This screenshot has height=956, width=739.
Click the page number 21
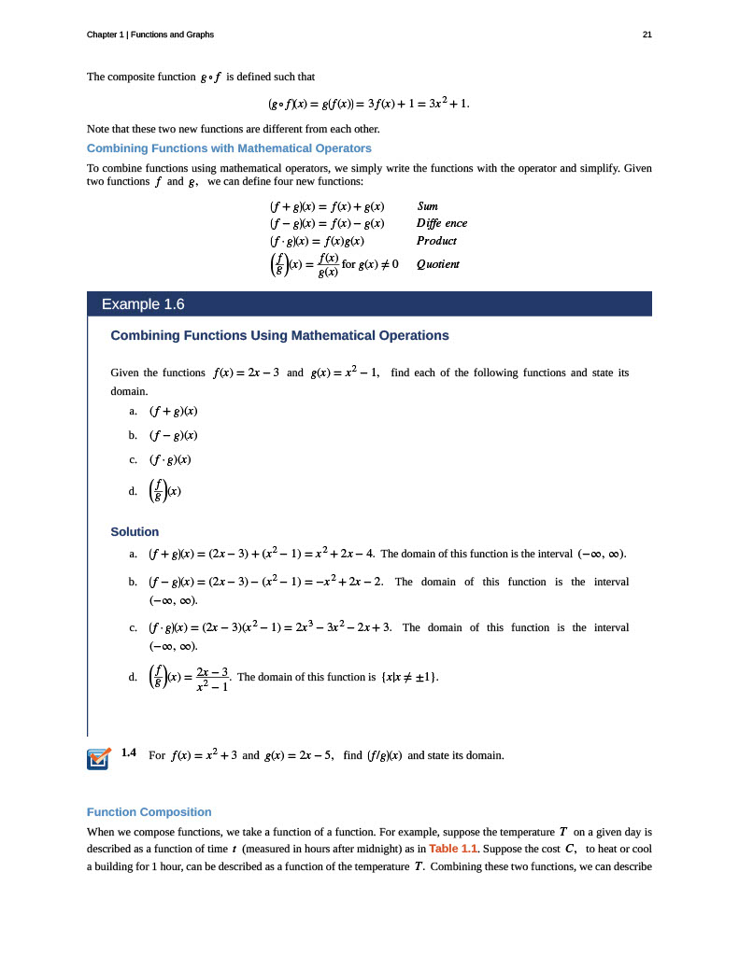point(647,35)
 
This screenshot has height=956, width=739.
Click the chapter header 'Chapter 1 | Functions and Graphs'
point(149,35)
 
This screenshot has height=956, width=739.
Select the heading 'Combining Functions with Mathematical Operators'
point(229,148)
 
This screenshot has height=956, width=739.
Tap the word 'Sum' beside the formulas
point(427,205)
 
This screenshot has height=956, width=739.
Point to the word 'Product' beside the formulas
point(436,240)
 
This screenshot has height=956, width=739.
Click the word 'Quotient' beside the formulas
point(438,264)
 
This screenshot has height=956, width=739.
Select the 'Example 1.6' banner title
point(143,304)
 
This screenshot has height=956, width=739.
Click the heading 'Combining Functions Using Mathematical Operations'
point(279,335)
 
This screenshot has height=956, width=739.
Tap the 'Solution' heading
point(135,531)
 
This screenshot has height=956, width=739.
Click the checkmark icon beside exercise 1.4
point(97,759)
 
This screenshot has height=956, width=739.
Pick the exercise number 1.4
point(130,752)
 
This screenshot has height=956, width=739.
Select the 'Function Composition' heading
point(149,811)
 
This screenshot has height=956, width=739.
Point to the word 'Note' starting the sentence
point(98,129)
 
